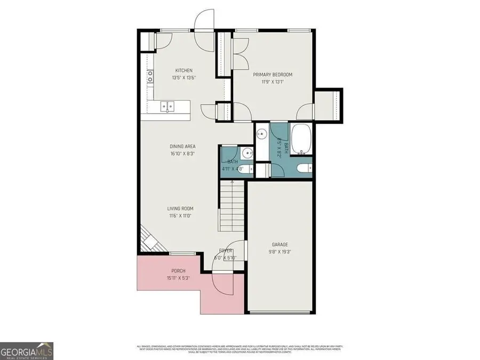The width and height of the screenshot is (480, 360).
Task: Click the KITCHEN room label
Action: (x=184, y=70)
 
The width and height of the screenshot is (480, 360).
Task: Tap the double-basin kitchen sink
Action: (x=167, y=107)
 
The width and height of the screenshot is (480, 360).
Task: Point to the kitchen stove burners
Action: (x=151, y=78)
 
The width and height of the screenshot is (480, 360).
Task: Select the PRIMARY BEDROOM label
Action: (x=273, y=75)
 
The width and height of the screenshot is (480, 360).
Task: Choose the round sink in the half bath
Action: (x=246, y=154)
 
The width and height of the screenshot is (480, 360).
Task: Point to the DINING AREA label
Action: (x=182, y=146)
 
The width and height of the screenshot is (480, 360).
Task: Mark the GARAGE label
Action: (x=279, y=244)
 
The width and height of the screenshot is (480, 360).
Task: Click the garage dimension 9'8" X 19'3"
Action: (x=279, y=252)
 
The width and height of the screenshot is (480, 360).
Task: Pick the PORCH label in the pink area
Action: (x=178, y=271)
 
